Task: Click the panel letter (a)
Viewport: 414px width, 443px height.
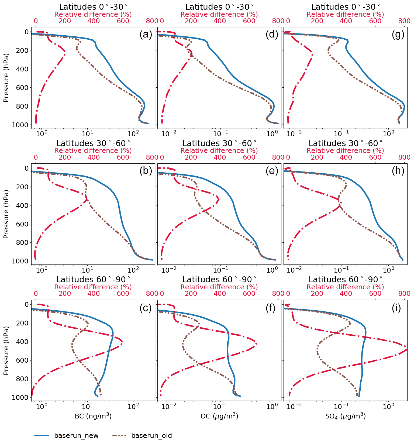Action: click(x=146, y=35)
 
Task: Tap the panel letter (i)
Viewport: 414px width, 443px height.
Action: click(x=396, y=308)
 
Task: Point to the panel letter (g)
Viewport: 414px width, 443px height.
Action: click(x=398, y=35)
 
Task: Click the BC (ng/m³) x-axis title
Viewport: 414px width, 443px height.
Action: click(x=93, y=416)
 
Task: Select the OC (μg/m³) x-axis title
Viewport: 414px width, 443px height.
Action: click(x=219, y=416)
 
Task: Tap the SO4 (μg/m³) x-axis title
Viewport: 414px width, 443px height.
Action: click(x=345, y=416)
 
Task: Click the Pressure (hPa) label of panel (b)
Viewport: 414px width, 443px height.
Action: click(x=6, y=214)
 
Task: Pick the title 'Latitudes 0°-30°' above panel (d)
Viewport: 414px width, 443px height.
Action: click(x=219, y=7)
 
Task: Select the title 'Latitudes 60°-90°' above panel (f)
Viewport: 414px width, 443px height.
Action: click(x=219, y=280)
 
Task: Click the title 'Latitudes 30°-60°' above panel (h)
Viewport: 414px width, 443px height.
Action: click(x=345, y=143)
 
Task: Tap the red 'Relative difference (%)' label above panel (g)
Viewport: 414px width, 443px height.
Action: click(x=345, y=14)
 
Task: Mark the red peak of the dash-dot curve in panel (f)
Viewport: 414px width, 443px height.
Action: click(x=256, y=344)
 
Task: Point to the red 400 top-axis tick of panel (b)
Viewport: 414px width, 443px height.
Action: click(x=94, y=157)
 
